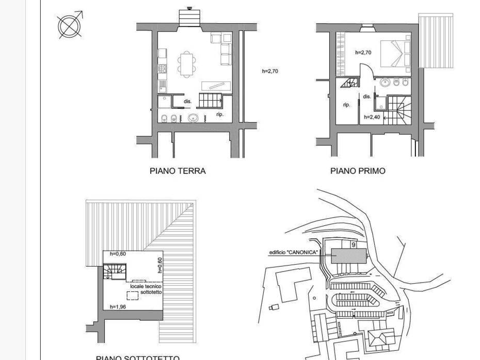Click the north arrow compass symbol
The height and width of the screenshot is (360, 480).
70,26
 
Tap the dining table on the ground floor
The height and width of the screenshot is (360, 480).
186,63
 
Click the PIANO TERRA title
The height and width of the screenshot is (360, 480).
178,171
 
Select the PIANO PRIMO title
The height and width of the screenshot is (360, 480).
358,171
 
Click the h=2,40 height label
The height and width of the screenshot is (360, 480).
372,117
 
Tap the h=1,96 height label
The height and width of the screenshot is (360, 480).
118,307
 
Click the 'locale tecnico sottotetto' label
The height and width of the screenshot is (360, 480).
144,289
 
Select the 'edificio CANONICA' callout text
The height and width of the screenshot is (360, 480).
294,253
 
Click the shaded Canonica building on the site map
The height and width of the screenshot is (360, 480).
349,255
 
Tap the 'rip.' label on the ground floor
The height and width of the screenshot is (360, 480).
220,114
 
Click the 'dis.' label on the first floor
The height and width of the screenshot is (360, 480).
367,96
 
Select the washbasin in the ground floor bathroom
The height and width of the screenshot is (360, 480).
194,118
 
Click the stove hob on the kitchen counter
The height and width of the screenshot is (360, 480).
163,68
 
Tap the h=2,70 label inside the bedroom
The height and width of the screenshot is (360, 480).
363,53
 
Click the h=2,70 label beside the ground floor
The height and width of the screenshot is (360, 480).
270,71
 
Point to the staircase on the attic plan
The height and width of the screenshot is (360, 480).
115,271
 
